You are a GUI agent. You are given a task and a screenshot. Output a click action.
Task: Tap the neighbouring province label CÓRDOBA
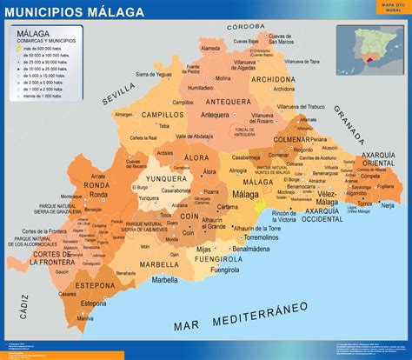point(248,27)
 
